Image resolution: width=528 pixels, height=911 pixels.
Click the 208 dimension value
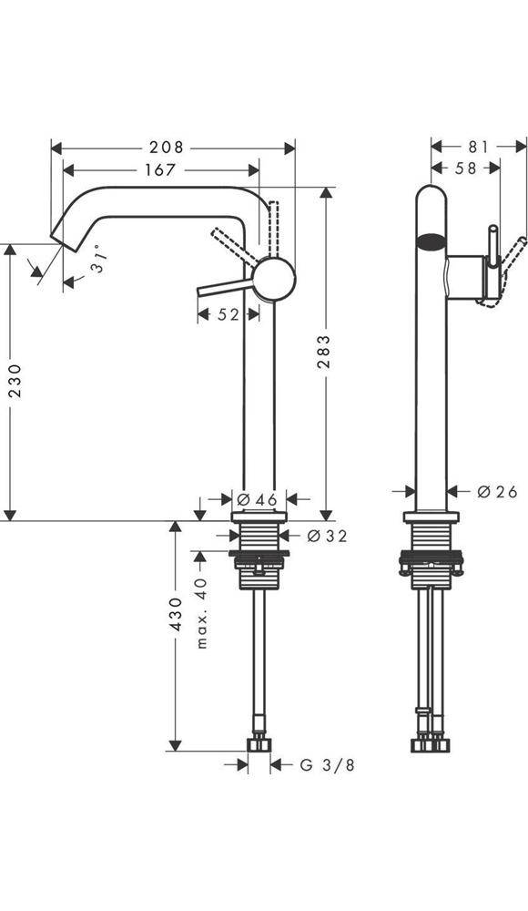pyautogui.click(x=167, y=147)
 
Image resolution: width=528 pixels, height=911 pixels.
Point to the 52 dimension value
pyautogui.click(x=228, y=314)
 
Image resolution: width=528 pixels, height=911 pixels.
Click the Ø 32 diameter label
pyautogui.click(x=325, y=536)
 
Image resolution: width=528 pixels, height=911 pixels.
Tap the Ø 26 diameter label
pyautogui.click(x=496, y=492)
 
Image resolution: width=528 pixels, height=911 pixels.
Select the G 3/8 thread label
pyautogui.click(x=327, y=765)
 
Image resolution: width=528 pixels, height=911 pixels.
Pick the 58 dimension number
pyautogui.click(x=465, y=169)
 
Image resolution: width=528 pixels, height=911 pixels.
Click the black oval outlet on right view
pyautogui.click(x=432, y=241)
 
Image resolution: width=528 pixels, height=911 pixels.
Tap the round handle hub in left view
pyautogui.click(x=274, y=279)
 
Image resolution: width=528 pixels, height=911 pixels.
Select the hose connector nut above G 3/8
pyautogui.click(x=260, y=746)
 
